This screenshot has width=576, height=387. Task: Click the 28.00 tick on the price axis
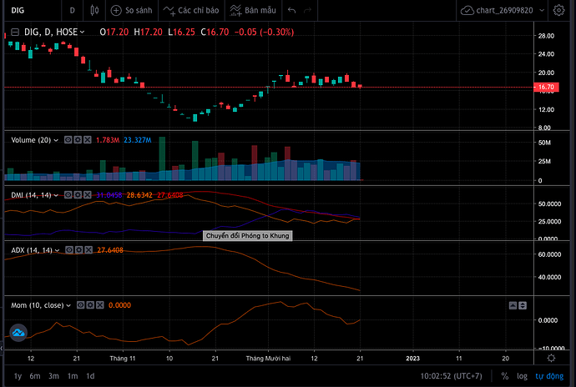547,36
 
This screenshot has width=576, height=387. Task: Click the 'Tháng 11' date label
123,358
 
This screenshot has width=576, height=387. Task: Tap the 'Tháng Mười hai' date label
267,358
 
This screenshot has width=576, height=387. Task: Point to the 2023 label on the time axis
412,358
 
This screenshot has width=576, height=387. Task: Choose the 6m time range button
35,376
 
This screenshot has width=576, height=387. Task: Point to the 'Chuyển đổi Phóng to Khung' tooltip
248,235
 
